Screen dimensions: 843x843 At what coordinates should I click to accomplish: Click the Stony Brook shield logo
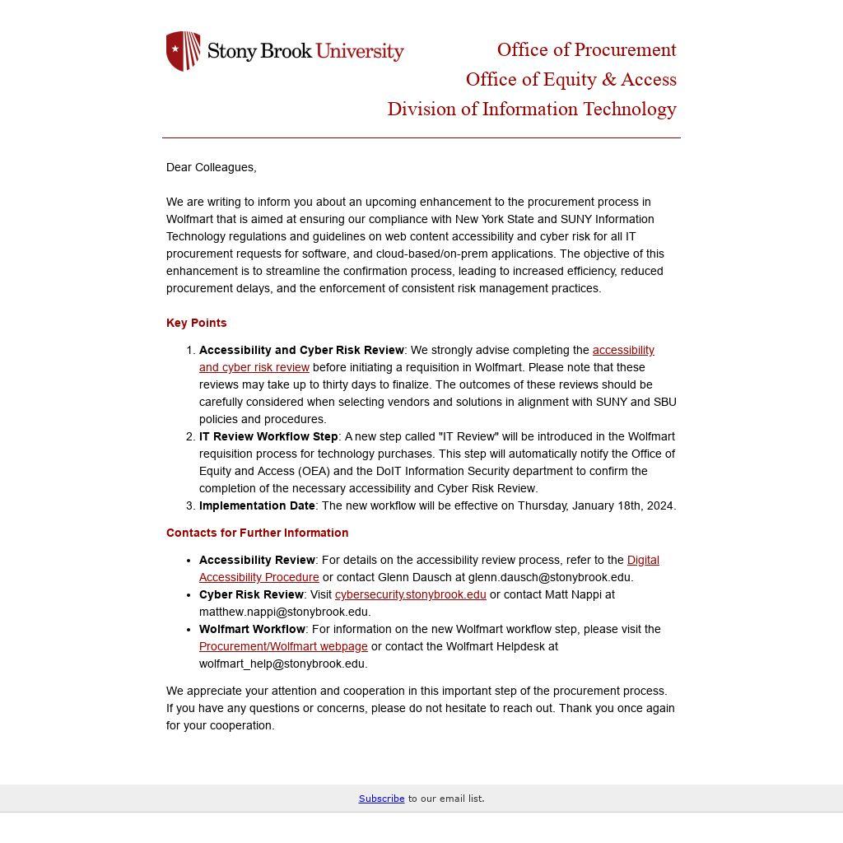coord(183,51)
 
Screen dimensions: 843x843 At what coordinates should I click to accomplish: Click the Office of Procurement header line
coord(586,50)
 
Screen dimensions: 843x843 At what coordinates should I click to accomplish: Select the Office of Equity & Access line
coord(571,80)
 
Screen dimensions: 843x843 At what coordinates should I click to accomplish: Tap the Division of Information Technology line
coord(532,109)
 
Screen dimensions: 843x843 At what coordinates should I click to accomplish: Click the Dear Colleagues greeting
coord(211,167)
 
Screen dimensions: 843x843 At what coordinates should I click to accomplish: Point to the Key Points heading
coord(196,323)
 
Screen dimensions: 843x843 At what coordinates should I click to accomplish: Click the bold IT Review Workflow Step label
coord(268,436)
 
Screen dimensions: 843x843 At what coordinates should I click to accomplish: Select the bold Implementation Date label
coord(257,505)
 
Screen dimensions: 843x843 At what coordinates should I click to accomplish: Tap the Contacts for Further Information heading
coord(257,533)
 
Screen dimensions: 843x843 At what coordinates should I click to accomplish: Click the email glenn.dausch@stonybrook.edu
coord(549,577)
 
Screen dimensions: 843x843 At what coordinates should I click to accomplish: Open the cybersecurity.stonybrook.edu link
coord(410,594)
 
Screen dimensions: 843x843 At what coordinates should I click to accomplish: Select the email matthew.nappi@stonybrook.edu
coord(284,612)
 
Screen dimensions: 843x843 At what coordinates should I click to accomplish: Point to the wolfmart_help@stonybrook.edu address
coord(282,664)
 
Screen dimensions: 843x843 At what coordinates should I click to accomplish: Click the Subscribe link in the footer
coord(381,799)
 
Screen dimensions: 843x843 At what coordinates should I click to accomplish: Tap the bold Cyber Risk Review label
coord(251,594)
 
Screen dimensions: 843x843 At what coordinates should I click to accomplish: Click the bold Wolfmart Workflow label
coord(252,629)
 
